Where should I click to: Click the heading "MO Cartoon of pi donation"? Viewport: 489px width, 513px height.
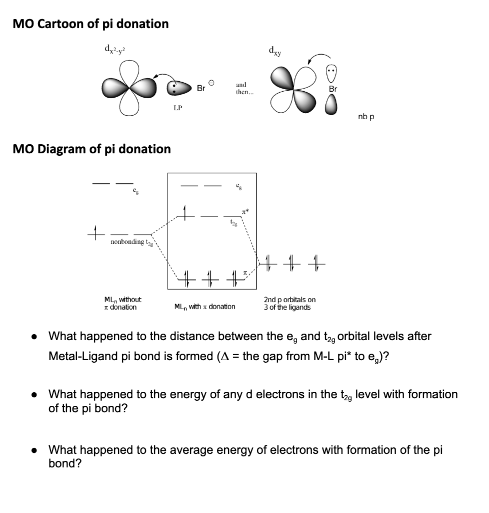[x=90, y=24]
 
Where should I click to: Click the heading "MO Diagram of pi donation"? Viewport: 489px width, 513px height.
[x=91, y=149]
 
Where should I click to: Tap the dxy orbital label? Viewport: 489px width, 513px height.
[x=274, y=50]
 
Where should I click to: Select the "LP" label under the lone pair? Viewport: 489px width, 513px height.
[x=177, y=108]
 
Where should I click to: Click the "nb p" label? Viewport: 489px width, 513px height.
[x=366, y=117]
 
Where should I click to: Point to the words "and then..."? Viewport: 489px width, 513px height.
[x=241, y=89]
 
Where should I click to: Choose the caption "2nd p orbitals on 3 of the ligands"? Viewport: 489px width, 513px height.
[x=289, y=303]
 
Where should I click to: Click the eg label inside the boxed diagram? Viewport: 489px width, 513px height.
[x=238, y=185]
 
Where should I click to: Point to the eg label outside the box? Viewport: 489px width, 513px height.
[x=135, y=191]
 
